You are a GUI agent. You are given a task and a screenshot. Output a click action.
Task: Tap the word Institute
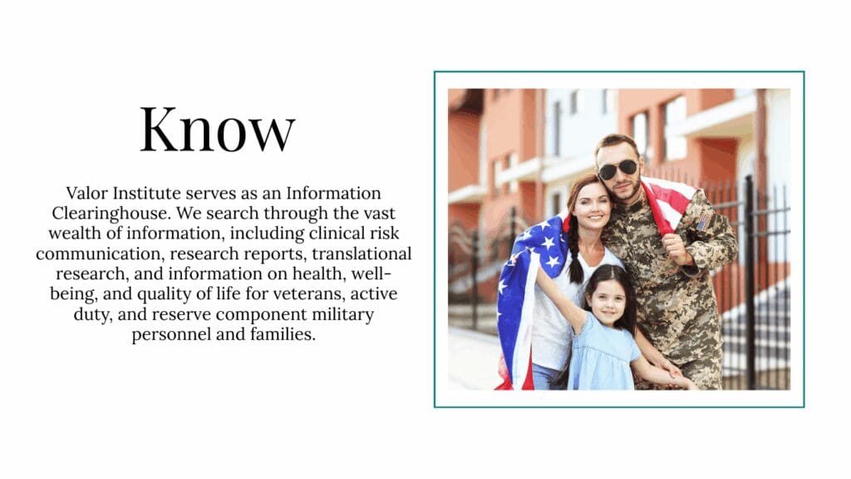point(149,193)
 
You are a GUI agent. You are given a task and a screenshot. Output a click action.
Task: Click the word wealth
point(71,232)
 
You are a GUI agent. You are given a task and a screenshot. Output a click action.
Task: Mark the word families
point(283,335)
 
